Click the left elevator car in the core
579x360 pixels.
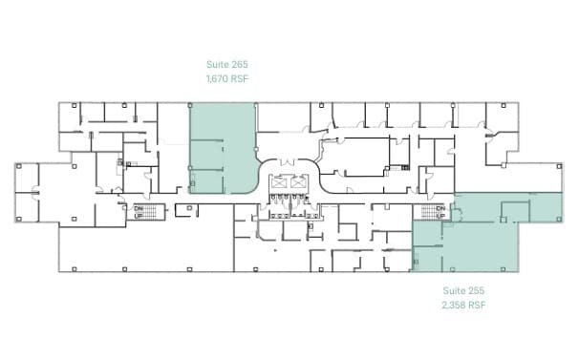pos(281,182)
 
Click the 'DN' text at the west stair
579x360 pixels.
pos(139,208)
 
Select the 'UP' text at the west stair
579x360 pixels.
pos(139,216)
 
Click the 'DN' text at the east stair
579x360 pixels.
pos(440,208)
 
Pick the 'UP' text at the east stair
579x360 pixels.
pos(440,216)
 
